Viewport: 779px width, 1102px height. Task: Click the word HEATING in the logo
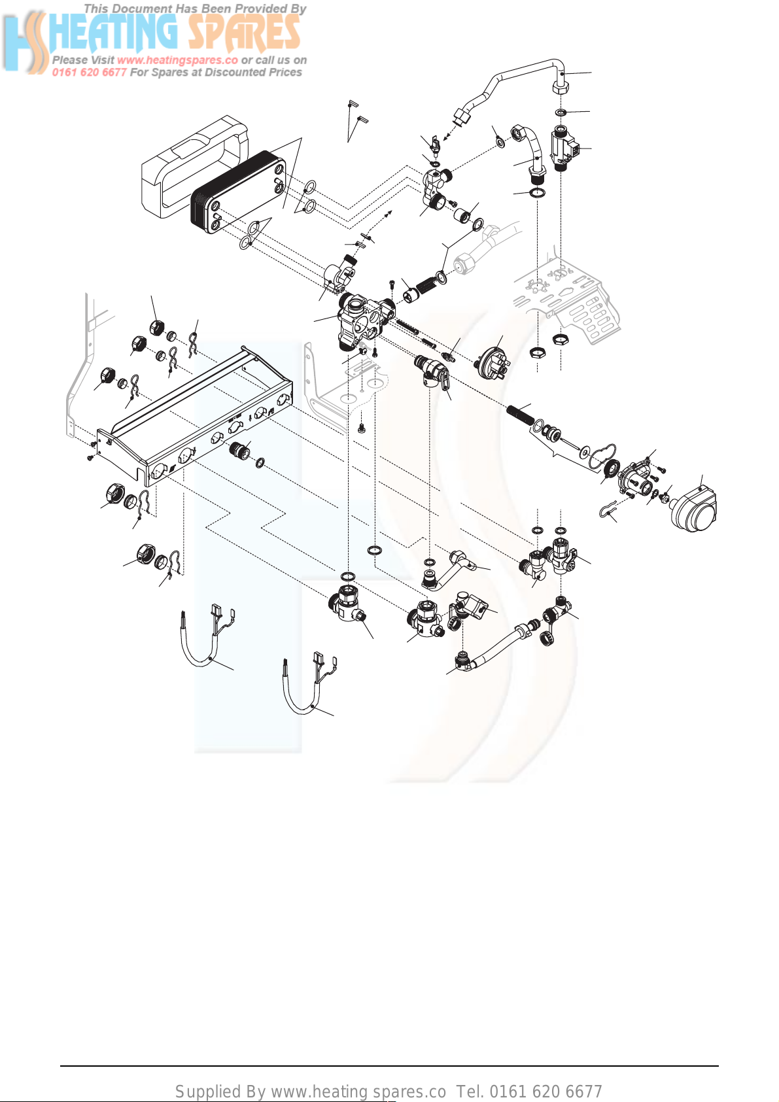tap(113, 33)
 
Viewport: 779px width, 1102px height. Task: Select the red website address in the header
tap(177, 60)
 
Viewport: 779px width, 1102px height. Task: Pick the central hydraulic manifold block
tap(365, 319)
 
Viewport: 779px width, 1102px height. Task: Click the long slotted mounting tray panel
tap(194, 416)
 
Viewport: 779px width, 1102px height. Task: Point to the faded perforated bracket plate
tap(566, 300)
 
